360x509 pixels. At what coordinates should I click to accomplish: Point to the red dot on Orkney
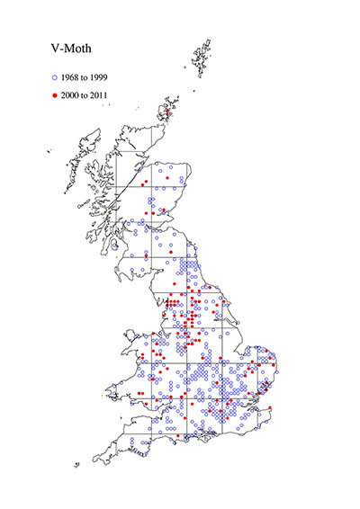[x=167, y=112]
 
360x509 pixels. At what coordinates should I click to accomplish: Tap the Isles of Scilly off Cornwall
[x=78, y=465]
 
